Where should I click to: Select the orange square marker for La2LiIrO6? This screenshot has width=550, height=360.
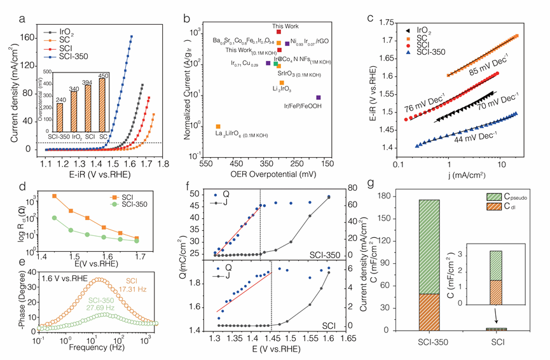219,127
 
